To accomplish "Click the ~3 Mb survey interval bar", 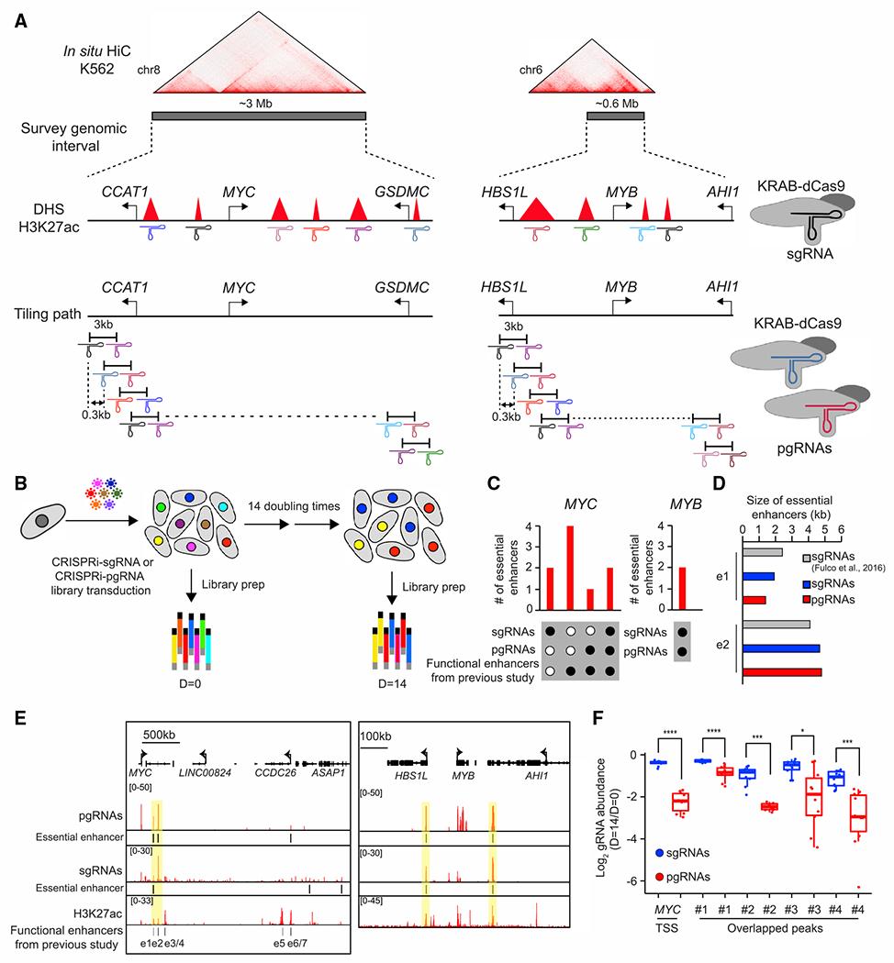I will [x=258, y=116].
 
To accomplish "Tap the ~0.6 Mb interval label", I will [x=613, y=103].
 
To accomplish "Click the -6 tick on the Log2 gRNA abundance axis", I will [x=653, y=881].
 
